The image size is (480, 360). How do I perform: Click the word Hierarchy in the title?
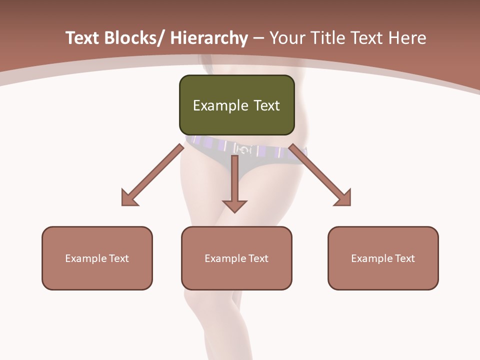pyautogui.click(x=208, y=38)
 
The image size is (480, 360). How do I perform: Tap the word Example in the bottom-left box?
pyautogui.click(x=85, y=258)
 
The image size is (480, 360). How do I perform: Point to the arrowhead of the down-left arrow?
pyautogui.click(x=128, y=198)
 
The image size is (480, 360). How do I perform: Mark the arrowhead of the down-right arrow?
pyautogui.click(x=344, y=198)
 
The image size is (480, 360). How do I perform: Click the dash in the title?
pyautogui.click(x=258, y=38)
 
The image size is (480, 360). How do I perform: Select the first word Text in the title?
pyautogui.click(x=82, y=38)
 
